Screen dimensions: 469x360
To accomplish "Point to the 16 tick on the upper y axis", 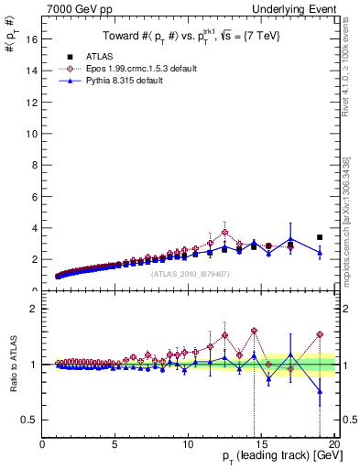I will (x=31, y=39).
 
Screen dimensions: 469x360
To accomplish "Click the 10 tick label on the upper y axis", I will (x=31, y=134).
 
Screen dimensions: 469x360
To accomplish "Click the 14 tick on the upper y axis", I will (x=31, y=71).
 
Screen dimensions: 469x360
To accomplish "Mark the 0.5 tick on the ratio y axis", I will (x=28, y=420).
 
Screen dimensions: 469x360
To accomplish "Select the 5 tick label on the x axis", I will (x=115, y=444).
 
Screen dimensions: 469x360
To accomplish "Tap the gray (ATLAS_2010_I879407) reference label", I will (x=190, y=272).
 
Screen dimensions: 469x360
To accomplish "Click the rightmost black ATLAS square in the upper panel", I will (x=319, y=237).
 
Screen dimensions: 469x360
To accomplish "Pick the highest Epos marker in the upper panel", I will (x=224, y=232).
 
